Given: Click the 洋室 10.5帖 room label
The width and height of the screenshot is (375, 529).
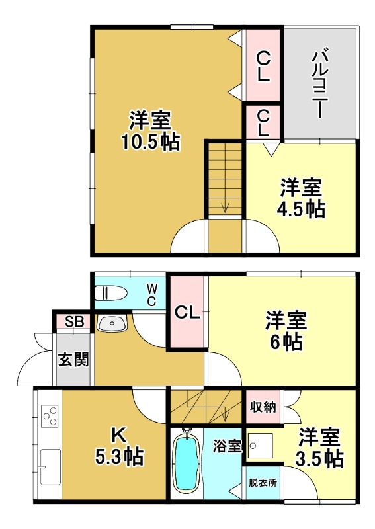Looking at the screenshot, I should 150,131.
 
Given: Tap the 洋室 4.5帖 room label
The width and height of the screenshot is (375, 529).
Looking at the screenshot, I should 300,198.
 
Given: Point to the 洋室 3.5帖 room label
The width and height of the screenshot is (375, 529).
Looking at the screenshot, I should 319,447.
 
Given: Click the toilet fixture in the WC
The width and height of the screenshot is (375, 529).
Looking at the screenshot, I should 112,292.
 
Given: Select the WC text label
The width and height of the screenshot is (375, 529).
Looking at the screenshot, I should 151,295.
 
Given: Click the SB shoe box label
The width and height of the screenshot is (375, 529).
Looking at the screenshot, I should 73,322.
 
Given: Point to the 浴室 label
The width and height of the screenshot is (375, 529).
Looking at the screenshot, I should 228,446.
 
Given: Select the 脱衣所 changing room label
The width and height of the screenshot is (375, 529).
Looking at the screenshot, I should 263,482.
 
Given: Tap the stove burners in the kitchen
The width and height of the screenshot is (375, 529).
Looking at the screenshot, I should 50,416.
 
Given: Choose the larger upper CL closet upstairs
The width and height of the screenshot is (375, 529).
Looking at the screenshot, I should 263,65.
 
